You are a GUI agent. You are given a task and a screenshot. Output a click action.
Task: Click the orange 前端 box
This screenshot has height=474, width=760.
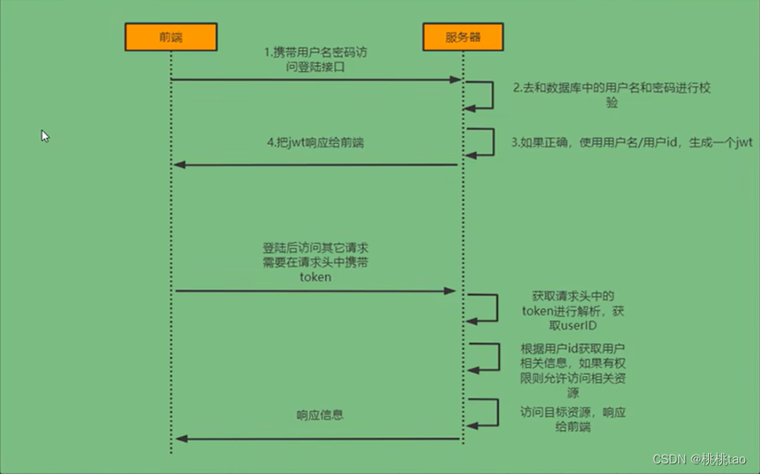point(171,37)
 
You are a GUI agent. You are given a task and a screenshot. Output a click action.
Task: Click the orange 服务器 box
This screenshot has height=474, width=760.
point(463,37)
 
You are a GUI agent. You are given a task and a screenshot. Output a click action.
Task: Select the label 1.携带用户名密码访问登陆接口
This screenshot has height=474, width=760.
point(315,59)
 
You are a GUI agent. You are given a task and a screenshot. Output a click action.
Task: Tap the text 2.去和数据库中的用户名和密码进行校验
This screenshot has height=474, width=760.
point(612,95)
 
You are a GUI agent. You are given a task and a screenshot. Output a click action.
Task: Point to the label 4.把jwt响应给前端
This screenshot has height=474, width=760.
point(315,143)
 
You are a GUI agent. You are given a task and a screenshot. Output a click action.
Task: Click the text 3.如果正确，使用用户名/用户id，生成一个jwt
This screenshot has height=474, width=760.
point(632,142)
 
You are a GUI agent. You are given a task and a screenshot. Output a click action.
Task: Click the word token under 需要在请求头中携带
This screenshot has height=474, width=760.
point(315,277)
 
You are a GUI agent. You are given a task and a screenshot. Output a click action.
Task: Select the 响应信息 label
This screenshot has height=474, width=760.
point(320,415)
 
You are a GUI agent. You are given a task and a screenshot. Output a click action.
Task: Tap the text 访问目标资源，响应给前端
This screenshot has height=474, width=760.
point(573,420)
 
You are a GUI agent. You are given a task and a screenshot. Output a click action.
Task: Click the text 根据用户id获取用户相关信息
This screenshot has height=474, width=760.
point(573,355)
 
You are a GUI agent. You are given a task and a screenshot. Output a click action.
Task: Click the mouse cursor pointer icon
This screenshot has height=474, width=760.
point(45,136)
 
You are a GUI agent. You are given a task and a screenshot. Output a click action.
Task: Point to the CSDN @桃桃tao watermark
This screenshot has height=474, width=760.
point(698,459)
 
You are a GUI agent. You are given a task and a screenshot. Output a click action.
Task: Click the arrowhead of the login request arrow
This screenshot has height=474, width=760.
point(456,79)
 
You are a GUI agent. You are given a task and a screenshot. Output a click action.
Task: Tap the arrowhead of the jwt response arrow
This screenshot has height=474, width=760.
point(179,165)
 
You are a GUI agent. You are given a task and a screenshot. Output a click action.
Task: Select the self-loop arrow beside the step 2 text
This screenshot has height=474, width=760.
point(492,96)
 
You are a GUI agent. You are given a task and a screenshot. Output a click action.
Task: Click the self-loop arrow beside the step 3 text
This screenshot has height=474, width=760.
point(494,142)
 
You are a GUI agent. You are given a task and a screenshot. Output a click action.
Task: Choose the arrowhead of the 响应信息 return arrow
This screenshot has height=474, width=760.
point(181,439)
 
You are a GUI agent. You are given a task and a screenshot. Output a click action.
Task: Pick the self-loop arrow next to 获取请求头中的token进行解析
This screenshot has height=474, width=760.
point(496,307)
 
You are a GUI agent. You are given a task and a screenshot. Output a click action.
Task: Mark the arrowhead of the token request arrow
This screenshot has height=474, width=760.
point(450,291)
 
